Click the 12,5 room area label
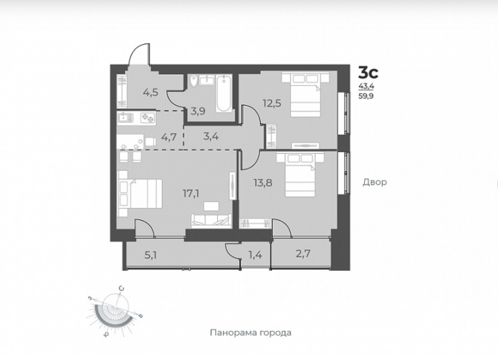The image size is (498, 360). [272, 103]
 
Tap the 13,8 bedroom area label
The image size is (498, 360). [263, 182]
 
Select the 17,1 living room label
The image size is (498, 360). [191, 194]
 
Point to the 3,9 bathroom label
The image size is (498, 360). [198, 111]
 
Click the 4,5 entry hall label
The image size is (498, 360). [151, 92]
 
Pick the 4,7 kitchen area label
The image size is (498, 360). [169, 138]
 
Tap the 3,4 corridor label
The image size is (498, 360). [211, 137]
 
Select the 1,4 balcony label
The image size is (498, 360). [255, 255]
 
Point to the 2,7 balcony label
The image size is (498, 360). [303, 253]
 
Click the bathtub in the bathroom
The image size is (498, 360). [223, 93]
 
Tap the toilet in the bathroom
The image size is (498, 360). [192, 82]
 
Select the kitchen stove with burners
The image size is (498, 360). [148, 118]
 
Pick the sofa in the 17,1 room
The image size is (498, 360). [211, 221]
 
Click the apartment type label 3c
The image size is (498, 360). [369, 73]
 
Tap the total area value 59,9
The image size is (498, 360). [366, 96]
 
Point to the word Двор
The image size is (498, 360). [375, 182]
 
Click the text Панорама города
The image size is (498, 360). [251, 333]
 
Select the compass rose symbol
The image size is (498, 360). [115, 311]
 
